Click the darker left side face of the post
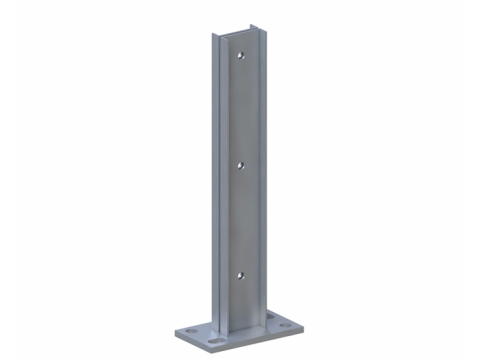click(216, 180)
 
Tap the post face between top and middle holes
click(240, 110)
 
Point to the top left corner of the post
click(212, 36)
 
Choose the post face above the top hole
click(241, 45)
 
